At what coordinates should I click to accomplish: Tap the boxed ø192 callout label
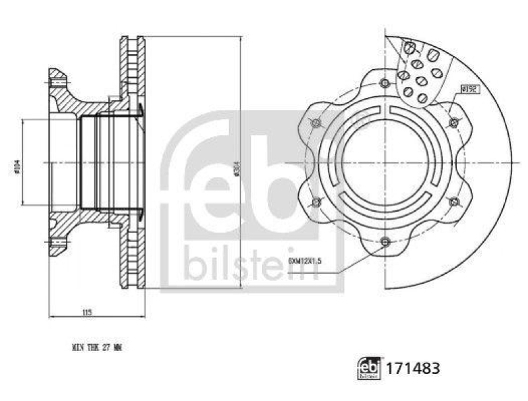pyautogui.click(x=470, y=88)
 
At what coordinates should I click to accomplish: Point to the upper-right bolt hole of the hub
pyautogui.click(x=454, y=123)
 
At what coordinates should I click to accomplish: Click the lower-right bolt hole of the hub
pyautogui.click(x=454, y=202)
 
